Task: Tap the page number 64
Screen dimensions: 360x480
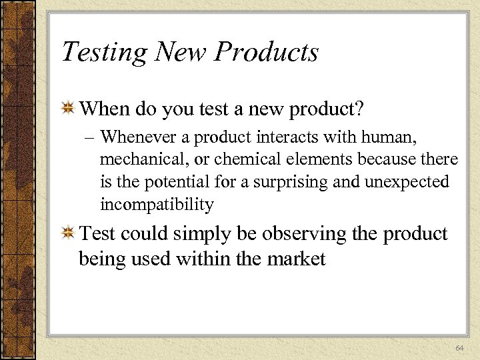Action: (x=459, y=349)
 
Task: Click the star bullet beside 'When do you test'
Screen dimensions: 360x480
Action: (x=67, y=108)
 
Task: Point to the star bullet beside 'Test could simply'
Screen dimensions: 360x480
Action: (x=67, y=234)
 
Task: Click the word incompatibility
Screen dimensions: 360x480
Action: (x=157, y=204)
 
